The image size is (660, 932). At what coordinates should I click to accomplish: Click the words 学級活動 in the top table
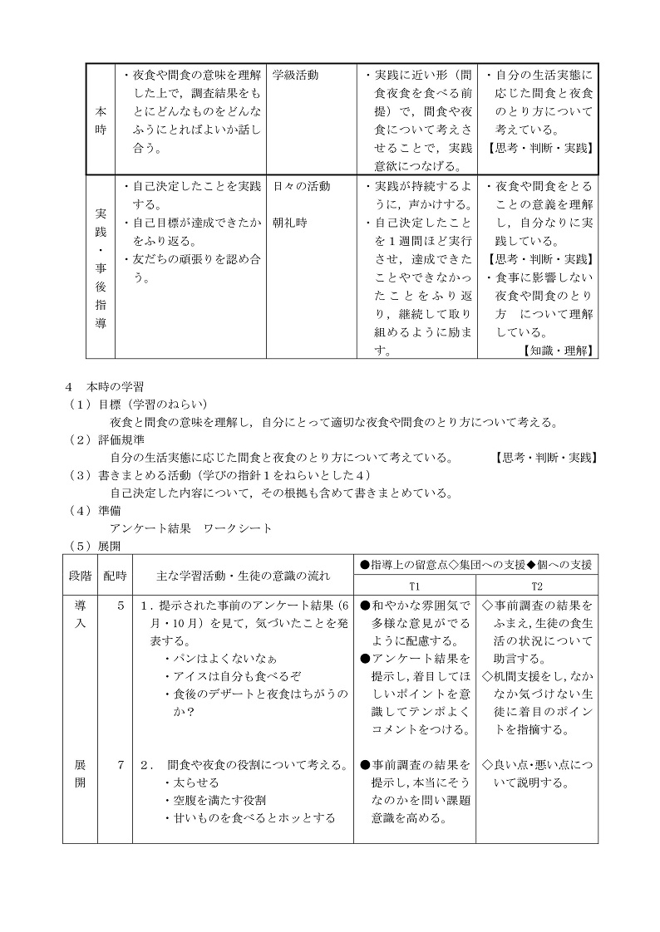pos(295,76)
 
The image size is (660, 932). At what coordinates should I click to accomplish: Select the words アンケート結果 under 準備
pos(150,528)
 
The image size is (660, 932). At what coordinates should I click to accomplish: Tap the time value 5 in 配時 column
pos(121,606)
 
